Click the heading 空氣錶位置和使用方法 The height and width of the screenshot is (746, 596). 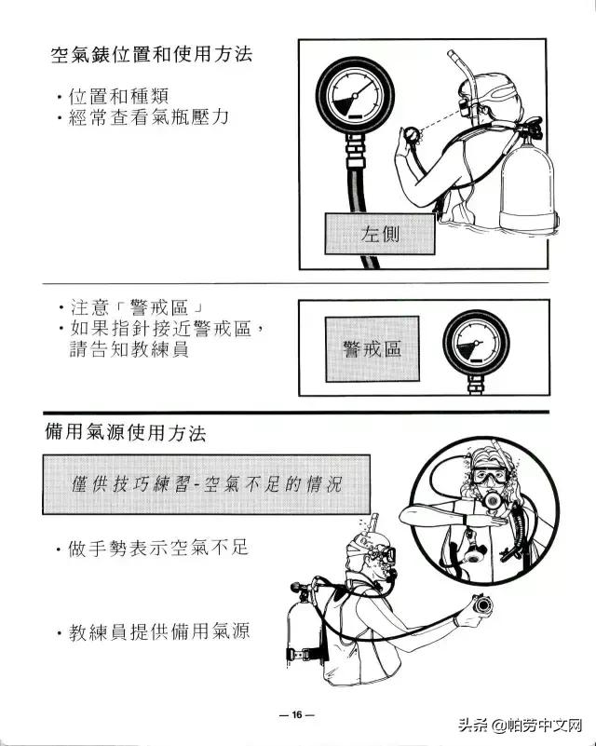pyautogui.click(x=151, y=54)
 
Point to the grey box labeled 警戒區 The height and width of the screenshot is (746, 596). pyautogui.click(x=372, y=348)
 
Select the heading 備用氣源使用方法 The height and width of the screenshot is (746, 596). pyautogui.click(x=126, y=433)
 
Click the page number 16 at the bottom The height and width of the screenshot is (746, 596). pyautogui.click(x=297, y=715)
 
